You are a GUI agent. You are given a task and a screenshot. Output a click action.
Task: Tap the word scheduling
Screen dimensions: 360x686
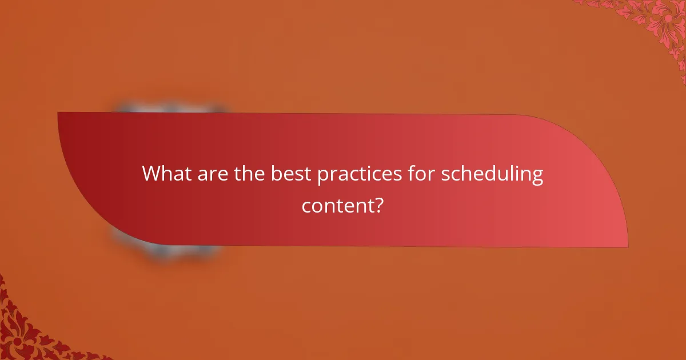coord(492,174)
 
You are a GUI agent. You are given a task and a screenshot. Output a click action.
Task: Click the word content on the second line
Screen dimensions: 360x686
coord(336,205)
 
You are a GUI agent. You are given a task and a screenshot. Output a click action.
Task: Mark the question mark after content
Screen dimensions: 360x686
coord(378,205)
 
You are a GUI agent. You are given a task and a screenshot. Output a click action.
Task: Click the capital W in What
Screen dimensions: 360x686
coord(151,173)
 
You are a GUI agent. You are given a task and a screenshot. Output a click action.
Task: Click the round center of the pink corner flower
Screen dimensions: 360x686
coord(667,19)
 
